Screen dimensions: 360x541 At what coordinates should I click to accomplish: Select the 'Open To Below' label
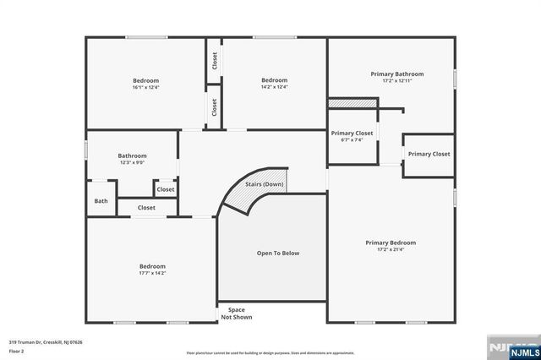pyautogui.click(x=278, y=253)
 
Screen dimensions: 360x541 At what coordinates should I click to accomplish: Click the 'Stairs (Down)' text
pyautogui.click(x=264, y=183)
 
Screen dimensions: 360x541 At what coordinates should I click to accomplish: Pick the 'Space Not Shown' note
pyautogui.click(x=236, y=314)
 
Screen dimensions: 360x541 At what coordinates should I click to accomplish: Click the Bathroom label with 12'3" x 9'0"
pyautogui.click(x=132, y=155)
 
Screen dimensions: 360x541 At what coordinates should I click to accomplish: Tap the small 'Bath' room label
pyautogui.click(x=101, y=201)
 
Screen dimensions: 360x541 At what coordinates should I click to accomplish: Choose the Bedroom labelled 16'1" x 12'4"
pyautogui.click(x=145, y=81)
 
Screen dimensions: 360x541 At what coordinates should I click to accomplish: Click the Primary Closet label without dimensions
pyautogui.click(x=429, y=154)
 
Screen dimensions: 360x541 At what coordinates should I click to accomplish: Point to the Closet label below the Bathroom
pyautogui.click(x=146, y=207)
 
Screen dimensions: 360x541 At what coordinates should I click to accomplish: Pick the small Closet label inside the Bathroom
pyautogui.click(x=165, y=189)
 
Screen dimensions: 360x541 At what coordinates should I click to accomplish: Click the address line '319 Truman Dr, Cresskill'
pyautogui.click(x=46, y=342)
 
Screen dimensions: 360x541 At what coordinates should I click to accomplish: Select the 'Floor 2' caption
pyautogui.click(x=18, y=351)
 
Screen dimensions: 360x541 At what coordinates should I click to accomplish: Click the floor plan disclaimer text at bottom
pyautogui.click(x=270, y=352)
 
